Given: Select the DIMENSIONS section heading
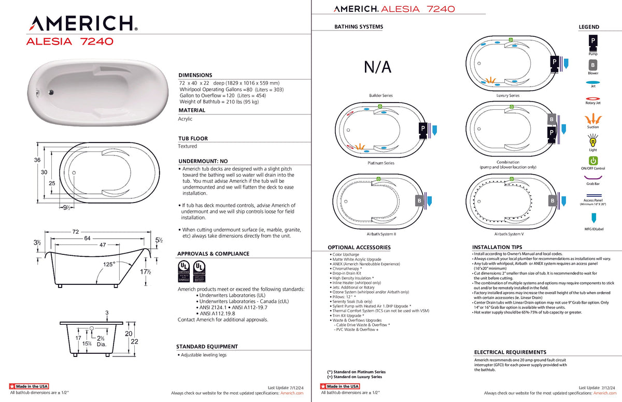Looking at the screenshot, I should click(195, 75).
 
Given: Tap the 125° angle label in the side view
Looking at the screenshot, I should click(108, 264).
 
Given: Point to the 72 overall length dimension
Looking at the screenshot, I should click(76, 232).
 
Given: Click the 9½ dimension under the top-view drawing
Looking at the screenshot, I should click(66, 208).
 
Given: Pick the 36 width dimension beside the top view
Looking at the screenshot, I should click(37, 160).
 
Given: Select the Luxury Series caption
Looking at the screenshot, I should click(507, 96).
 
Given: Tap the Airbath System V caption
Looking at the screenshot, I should click(508, 234).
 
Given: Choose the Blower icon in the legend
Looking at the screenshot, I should click(593, 65).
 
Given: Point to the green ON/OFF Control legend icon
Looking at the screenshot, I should click(593, 161).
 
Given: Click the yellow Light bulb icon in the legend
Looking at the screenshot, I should click(593, 139).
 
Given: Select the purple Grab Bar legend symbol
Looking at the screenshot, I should click(593, 177).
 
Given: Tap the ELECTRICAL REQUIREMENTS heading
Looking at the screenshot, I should click(510, 352).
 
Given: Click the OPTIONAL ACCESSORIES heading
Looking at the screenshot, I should click(359, 248).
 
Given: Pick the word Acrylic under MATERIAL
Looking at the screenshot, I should click(185, 119).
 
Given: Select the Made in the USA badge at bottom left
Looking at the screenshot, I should click(29, 386).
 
